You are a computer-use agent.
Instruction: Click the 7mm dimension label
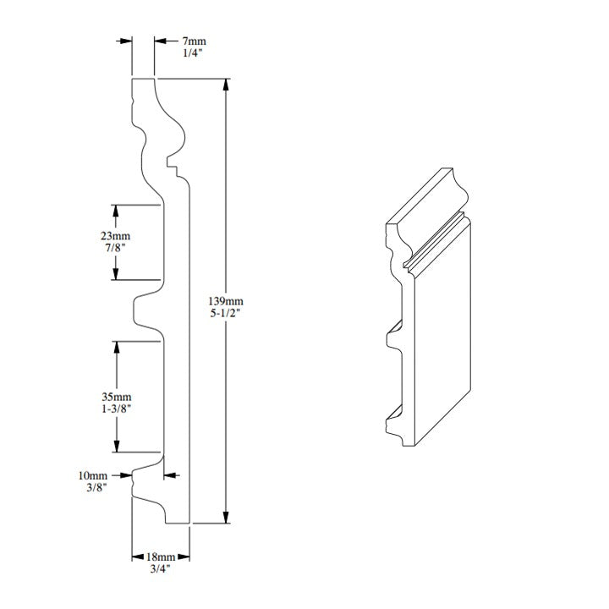click(195, 41)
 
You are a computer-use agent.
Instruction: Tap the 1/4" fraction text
click(193, 53)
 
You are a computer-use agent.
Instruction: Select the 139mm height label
click(226, 301)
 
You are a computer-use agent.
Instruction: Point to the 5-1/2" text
click(226, 313)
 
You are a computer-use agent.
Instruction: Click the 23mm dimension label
click(115, 236)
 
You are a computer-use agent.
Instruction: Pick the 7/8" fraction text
click(116, 248)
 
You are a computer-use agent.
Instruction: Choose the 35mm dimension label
click(117, 397)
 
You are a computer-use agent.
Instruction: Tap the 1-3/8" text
click(117, 409)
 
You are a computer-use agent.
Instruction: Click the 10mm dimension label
click(92, 475)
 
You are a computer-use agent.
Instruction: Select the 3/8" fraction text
click(96, 487)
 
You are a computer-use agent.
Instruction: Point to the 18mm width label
click(161, 557)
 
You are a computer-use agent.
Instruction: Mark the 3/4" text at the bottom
click(161, 569)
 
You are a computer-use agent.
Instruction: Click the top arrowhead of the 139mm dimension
click(226, 85)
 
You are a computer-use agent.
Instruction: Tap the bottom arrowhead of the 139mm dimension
click(226, 517)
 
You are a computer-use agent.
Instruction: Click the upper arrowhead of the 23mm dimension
click(115, 211)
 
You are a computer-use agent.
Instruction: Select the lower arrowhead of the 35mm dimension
click(117, 446)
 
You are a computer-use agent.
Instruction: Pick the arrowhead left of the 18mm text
click(138, 557)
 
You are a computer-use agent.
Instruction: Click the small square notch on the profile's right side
click(173, 162)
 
